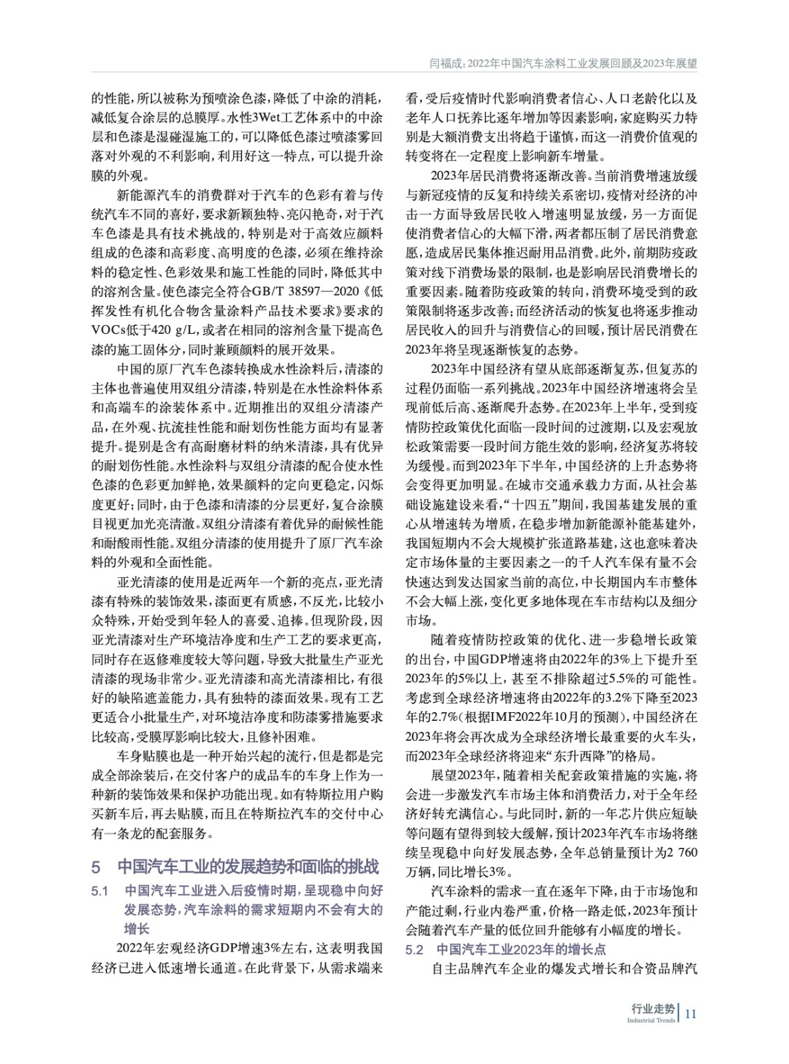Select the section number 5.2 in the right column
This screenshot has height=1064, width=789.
(x=415, y=949)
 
